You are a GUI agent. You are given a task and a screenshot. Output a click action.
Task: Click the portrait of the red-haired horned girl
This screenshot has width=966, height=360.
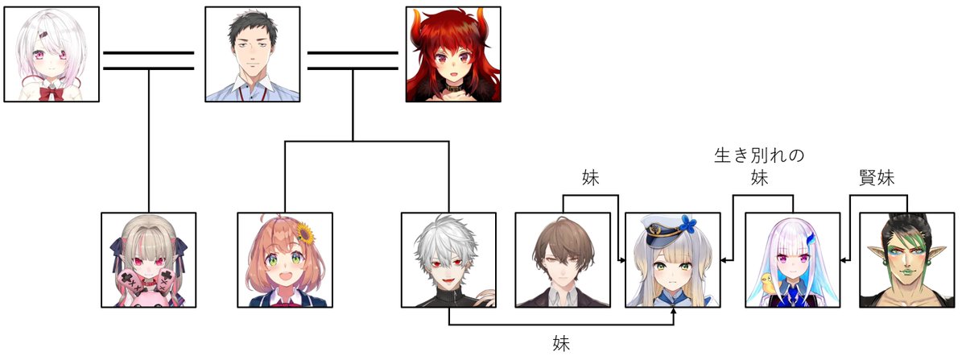tap(452, 54)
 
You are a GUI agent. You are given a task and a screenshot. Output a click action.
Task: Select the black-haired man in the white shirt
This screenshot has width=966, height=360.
tap(252, 54)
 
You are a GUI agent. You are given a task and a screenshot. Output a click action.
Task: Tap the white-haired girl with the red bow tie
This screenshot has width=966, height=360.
tap(52, 54)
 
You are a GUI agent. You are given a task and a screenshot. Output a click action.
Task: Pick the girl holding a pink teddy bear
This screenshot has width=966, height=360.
tap(149, 259)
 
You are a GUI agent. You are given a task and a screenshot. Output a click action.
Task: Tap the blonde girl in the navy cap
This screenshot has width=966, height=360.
tap(673, 259)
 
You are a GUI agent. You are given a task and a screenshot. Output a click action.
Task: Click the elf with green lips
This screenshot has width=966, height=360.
tap(906, 259)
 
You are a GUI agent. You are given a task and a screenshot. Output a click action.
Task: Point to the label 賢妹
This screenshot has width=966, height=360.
tap(877, 177)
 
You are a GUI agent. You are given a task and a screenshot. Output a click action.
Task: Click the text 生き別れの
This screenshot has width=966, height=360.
tap(760, 155)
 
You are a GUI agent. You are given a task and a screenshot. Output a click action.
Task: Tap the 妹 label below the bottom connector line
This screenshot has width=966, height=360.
tap(561, 343)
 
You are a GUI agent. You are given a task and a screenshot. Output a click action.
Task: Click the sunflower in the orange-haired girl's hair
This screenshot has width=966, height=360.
tap(304, 232)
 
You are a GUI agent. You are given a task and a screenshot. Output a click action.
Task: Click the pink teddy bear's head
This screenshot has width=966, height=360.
tap(150, 282)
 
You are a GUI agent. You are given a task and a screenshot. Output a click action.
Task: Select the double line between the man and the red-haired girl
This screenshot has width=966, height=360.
tap(353, 61)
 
